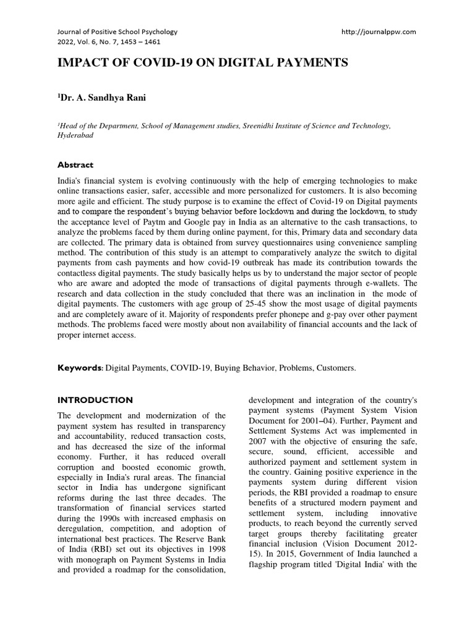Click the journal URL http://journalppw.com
point(379,32)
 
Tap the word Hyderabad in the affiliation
point(75,135)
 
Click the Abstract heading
point(75,165)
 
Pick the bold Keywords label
point(80,368)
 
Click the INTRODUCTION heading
point(95,400)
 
